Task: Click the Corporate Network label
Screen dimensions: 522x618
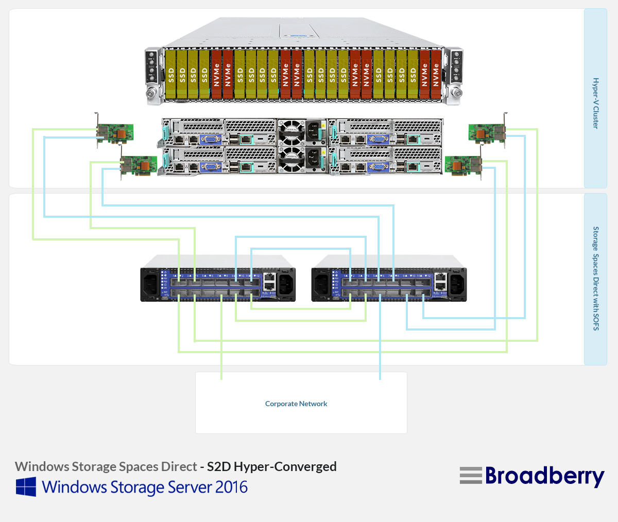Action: tap(296, 404)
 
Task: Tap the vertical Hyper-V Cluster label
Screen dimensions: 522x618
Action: tap(595, 103)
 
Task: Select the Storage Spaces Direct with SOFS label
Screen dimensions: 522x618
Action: tap(595, 278)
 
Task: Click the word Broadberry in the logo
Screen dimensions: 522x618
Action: tap(544, 476)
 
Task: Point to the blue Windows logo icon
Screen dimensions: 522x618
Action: tap(26, 486)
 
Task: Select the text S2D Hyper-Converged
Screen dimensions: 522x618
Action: tap(272, 466)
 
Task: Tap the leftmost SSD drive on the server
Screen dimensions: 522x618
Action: tap(171, 74)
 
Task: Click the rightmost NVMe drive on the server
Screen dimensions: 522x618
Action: tap(436, 74)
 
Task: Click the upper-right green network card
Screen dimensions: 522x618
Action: tap(486, 132)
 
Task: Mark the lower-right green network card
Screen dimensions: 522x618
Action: tap(462, 165)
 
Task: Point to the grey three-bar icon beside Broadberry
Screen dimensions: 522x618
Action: tap(471, 476)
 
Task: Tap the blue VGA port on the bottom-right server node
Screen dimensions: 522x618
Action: tap(377, 166)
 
